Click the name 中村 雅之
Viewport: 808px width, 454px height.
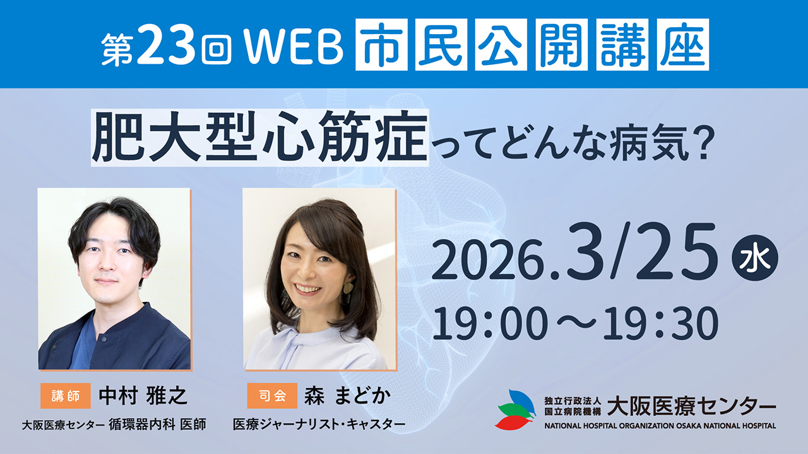143,396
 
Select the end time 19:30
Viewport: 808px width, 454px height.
665,323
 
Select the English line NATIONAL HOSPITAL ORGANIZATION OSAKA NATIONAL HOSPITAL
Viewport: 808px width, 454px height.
660,426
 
